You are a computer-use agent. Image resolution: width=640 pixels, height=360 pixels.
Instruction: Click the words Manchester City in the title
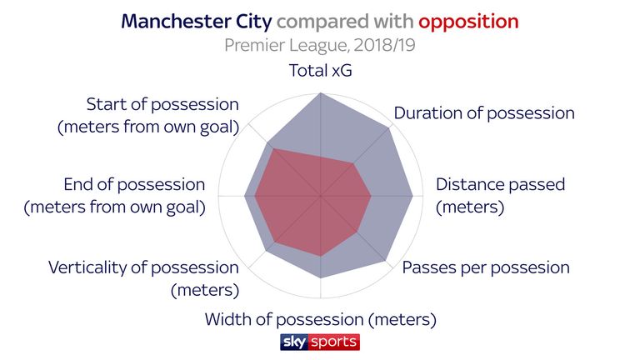[197, 22]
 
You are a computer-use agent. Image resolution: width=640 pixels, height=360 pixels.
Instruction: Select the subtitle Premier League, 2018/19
[320, 45]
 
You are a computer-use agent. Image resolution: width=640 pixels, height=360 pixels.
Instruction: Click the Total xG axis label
[320, 70]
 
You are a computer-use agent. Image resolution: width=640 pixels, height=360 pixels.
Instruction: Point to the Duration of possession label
[484, 113]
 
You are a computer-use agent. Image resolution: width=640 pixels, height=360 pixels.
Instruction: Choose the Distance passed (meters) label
[500, 196]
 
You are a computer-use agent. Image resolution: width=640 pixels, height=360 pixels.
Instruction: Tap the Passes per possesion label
[486, 268]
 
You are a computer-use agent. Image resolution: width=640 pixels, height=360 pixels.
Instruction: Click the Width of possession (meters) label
[320, 320]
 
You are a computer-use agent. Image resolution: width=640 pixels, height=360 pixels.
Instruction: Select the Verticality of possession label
[143, 279]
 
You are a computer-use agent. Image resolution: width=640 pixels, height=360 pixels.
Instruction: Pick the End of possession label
[115, 196]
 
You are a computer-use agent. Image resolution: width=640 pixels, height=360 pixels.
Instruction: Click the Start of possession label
[148, 116]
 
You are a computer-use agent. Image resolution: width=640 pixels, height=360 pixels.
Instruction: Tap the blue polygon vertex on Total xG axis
[320, 93]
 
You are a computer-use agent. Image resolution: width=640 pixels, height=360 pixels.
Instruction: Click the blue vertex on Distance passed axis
[412, 196]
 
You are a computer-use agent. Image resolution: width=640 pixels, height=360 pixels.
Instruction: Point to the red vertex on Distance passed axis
[371, 196]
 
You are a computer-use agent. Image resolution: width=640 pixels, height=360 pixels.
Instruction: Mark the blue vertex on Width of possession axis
[320, 278]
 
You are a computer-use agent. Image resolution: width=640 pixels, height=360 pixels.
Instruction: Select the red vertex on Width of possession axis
[320, 257]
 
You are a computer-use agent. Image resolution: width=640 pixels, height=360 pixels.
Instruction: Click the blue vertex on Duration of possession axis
[389, 127]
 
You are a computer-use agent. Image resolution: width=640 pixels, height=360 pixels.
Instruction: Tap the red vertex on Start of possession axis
[272, 148]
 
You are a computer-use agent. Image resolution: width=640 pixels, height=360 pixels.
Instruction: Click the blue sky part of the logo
[294, 342]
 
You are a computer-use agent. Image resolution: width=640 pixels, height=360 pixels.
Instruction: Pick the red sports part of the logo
[334, 342]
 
